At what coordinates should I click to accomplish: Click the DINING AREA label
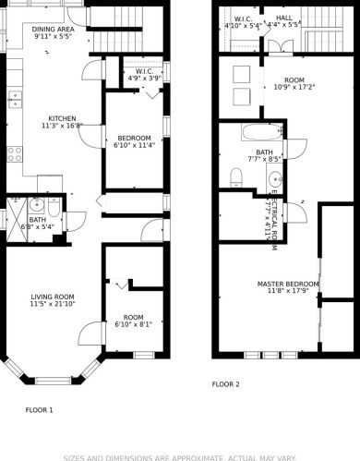(53, 30)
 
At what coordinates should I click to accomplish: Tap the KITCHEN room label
(62, 118)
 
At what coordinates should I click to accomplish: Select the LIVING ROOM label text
(53, 297)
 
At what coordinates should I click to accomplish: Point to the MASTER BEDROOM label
(288, 284)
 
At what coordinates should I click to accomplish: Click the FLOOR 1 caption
(39, 410)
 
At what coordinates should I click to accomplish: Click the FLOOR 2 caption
(225, 384)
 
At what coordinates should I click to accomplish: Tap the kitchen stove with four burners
(15, 154)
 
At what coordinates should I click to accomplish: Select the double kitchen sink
(15, 100)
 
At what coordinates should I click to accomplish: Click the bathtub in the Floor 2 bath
(262, 132)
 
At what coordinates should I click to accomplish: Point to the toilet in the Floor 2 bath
(236, 177)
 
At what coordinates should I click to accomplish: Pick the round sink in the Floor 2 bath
(275, 178)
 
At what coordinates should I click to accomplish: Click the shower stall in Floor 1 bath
(17, 219)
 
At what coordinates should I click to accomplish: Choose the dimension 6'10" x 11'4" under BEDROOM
(134, 145)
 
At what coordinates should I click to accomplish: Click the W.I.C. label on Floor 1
(144, 71)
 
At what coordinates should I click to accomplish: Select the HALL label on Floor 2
(284, 18)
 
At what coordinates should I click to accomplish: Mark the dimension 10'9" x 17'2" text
(294, 87)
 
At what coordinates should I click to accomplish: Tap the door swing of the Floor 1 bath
(77, 221)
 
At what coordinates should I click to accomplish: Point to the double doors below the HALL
(281, 46)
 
